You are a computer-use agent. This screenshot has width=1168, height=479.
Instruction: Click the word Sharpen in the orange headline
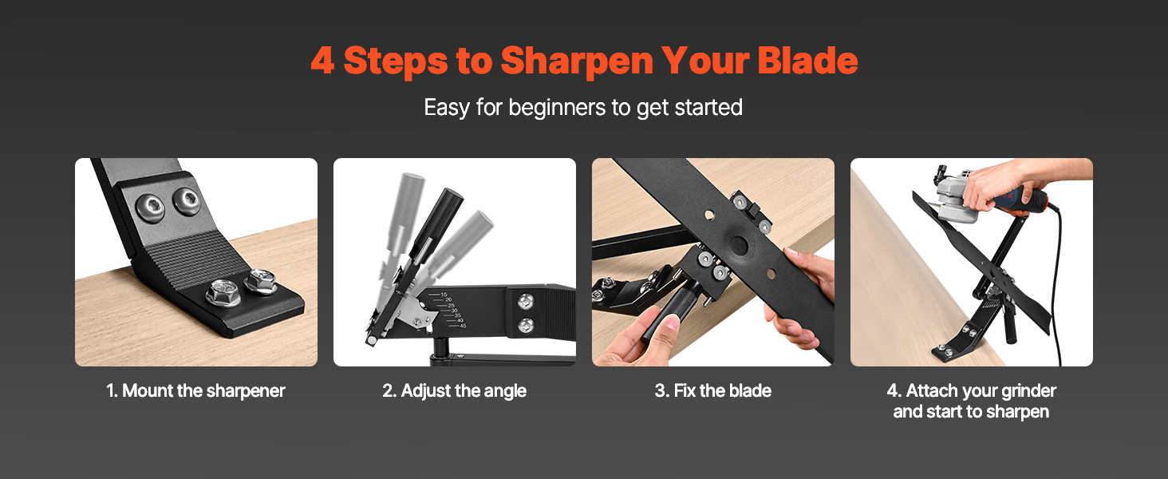tap(577, 61)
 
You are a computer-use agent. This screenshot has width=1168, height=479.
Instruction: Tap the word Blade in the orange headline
tap(807, 61)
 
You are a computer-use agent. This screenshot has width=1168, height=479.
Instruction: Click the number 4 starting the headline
tap(322, 61)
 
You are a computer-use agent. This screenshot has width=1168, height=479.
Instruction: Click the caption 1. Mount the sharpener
tap(195, 391)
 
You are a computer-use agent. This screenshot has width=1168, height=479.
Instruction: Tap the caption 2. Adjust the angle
tap(454, 391)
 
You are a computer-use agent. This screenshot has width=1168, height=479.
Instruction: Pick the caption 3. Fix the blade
tap(712, 391)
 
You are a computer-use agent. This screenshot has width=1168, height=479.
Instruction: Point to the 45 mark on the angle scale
tap(463, 326)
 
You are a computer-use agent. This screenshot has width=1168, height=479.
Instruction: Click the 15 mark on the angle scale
tap(444, 295)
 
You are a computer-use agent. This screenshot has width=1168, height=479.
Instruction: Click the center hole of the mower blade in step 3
tap(739, 245)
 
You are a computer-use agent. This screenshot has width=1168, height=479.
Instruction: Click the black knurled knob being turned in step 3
tap(669, 312)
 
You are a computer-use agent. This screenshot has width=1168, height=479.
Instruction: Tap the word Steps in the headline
tap(396, 61)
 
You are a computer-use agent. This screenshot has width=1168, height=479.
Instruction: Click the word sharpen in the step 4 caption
tap(1017, 412)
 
